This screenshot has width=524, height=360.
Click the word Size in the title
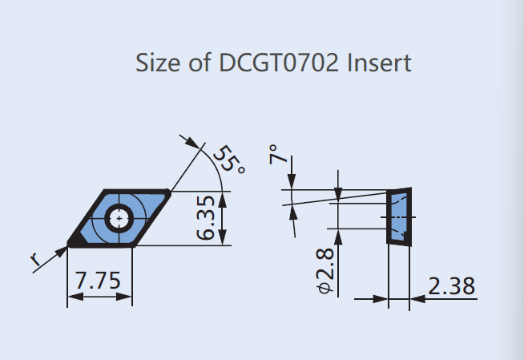[x=157, y=63]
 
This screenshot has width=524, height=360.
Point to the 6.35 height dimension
[x=206, y=217]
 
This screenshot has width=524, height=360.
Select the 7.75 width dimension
[x=97, y=281]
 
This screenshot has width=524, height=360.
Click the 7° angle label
[x=277, y=155]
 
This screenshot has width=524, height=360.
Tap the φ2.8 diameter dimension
[x=325, y=272]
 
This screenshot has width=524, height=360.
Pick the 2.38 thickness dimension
[x=451, y=285]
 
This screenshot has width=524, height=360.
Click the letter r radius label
[x=35, y=260]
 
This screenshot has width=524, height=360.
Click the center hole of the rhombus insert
[x=119, y=216]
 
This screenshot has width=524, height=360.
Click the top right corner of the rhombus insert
[x=168, y=192]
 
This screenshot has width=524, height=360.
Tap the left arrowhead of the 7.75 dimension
[x=72, y=297]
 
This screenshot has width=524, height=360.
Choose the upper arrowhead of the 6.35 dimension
[x=222, y=197]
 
